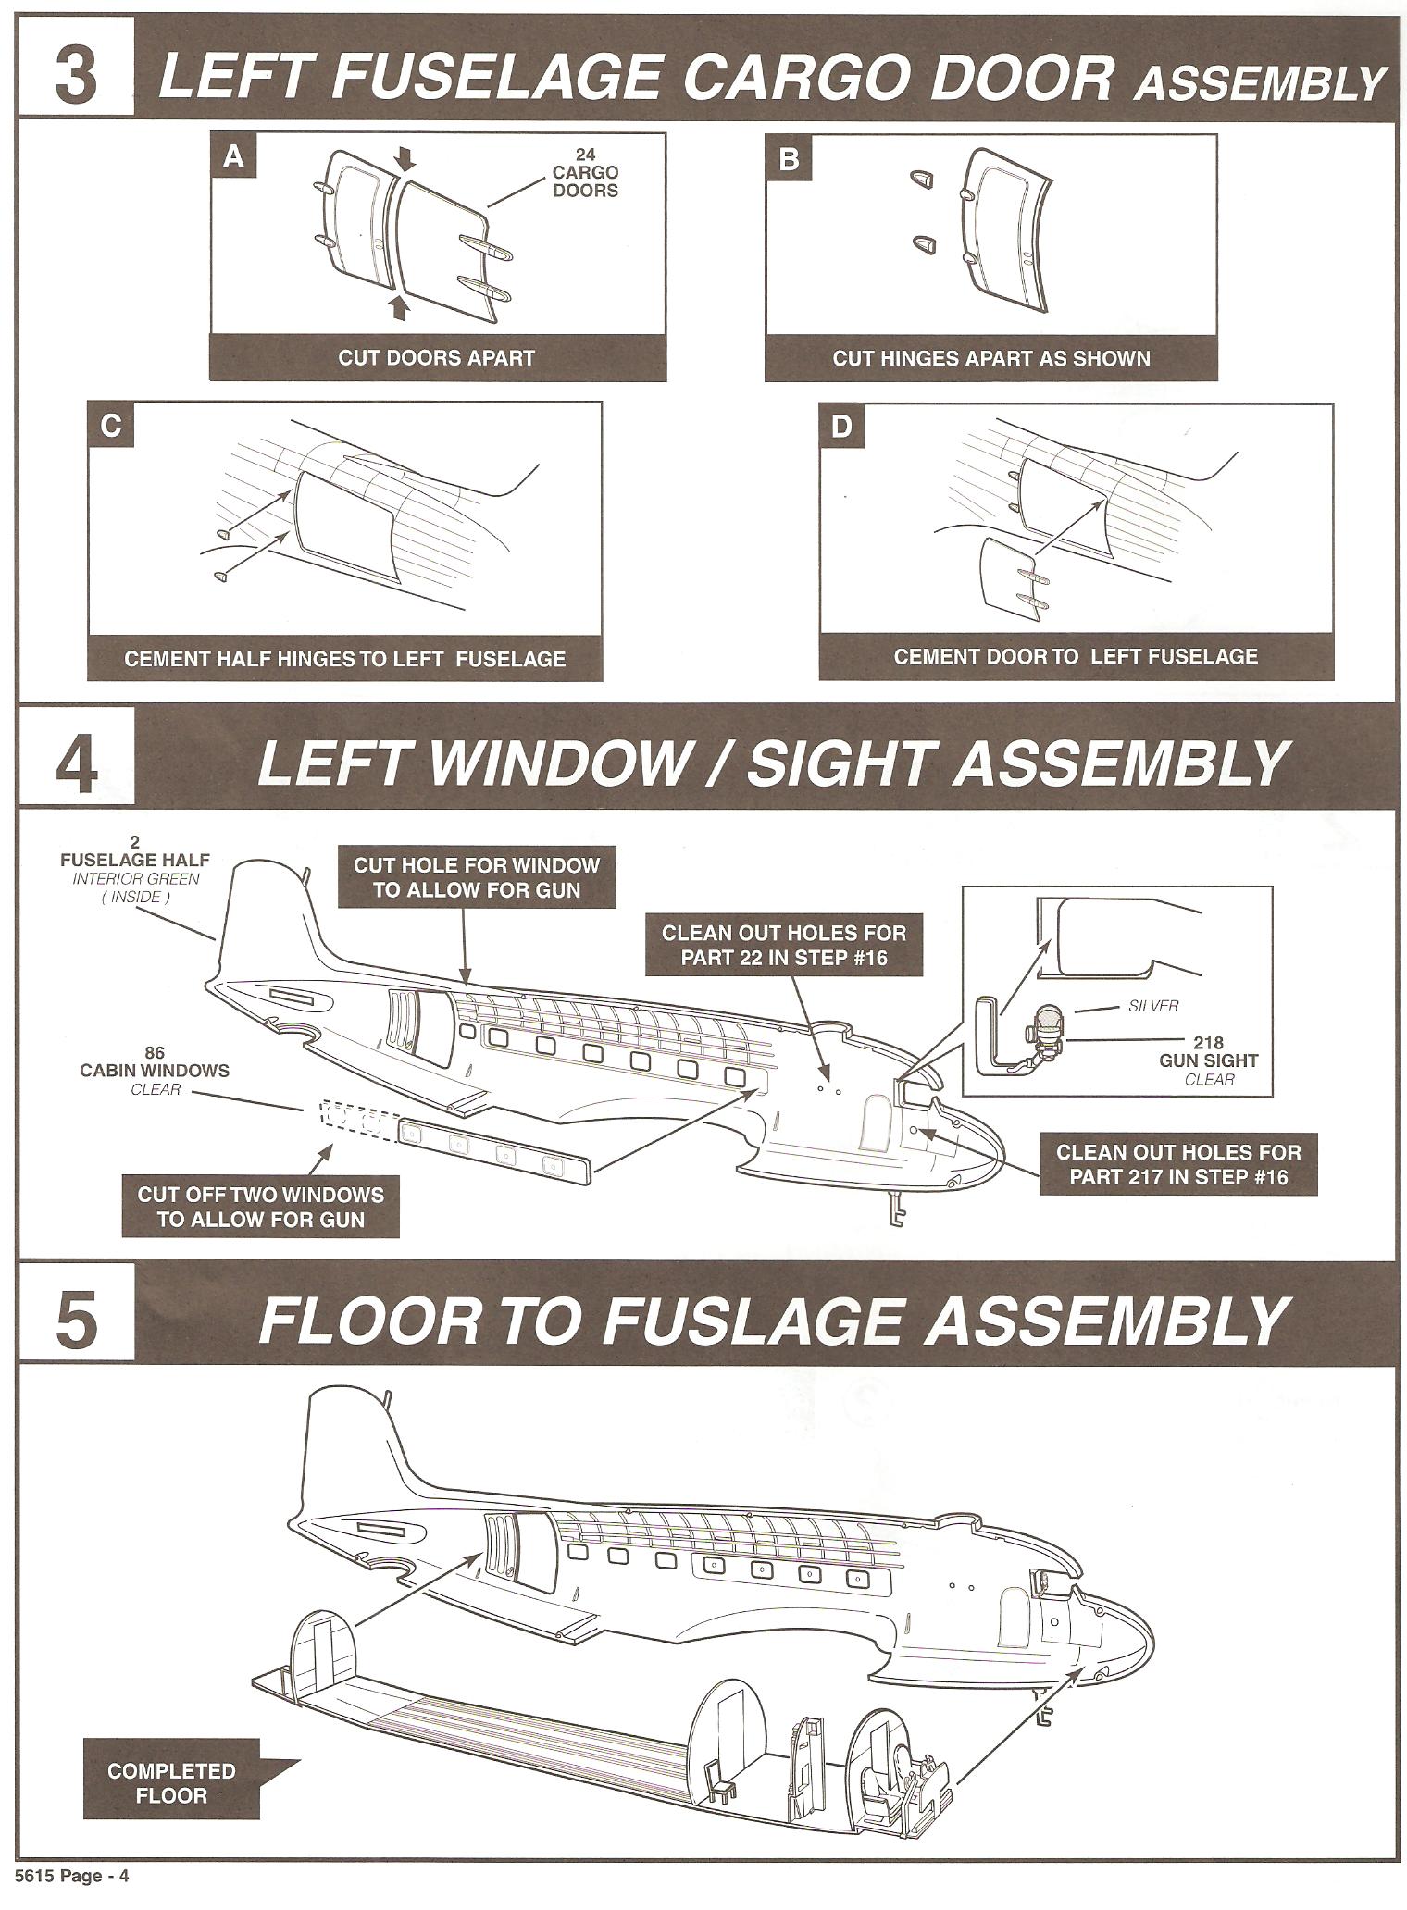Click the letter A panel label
[x=234, y=157]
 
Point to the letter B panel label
[x=789, y=159]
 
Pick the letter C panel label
[x=110, y=426]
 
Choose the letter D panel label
[x=841, y=428]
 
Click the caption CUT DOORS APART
[x=436, y=358]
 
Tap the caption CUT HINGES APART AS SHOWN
[x=990, y=358]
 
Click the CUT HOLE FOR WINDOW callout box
[x=477, y=878]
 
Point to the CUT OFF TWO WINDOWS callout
[x=260, y=1207]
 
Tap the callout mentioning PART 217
[x=1178, y=1164]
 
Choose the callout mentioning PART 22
[x=783, y=945]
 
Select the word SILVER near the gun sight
[x=1153, y=1006]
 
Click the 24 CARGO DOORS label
[x=585, y=173]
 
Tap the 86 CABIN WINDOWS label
[x=155, y=1070]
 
